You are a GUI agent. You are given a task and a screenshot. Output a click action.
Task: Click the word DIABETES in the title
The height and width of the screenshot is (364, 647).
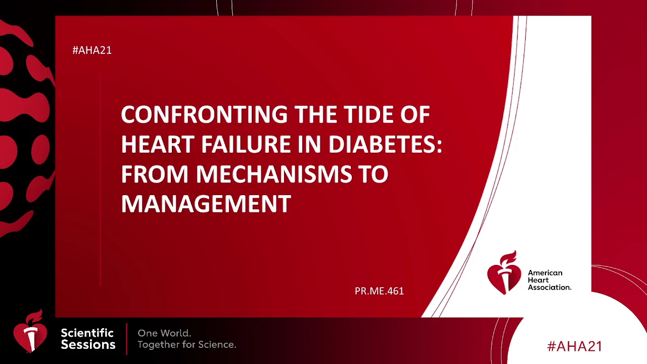pyautogui.click(x=386, y=145)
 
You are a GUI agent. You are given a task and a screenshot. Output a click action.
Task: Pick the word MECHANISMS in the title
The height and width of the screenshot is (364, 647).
pyautogui.click(x=274, y=174)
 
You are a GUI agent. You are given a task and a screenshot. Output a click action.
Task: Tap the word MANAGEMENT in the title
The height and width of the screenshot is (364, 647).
pyautogui.click(x=206, y=204)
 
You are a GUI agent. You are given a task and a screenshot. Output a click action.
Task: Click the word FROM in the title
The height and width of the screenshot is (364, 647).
pyautogui.click(x=155, y=174)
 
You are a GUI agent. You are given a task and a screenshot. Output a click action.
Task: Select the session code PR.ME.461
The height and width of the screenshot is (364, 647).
pyautogui.click(x=379, y=291)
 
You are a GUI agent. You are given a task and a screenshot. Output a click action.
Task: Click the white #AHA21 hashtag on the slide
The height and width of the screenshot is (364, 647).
pyautogui.click(x=92, y=50)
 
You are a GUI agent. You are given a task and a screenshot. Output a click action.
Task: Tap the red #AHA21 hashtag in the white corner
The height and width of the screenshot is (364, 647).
pyautogui.click(x=575, y=346)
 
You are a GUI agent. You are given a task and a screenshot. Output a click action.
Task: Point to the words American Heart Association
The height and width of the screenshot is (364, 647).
pyautogui.click(x=549, y=280)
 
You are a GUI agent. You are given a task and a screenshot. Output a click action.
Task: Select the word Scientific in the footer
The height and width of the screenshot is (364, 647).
pyautogui.click(x=87, y=333)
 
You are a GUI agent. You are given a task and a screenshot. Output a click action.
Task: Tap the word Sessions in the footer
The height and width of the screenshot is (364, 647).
pyautogui.click(x=88, y=345)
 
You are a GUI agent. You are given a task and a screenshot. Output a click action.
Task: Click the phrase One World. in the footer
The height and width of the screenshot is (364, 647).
pyautogui.click(x=164, y=333)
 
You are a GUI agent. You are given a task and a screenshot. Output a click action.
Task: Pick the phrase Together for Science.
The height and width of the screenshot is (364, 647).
pyautogui.click(x=187, y=345)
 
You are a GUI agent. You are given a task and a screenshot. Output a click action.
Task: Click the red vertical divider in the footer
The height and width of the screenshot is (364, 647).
pyautogui.click(x=126, y=339)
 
